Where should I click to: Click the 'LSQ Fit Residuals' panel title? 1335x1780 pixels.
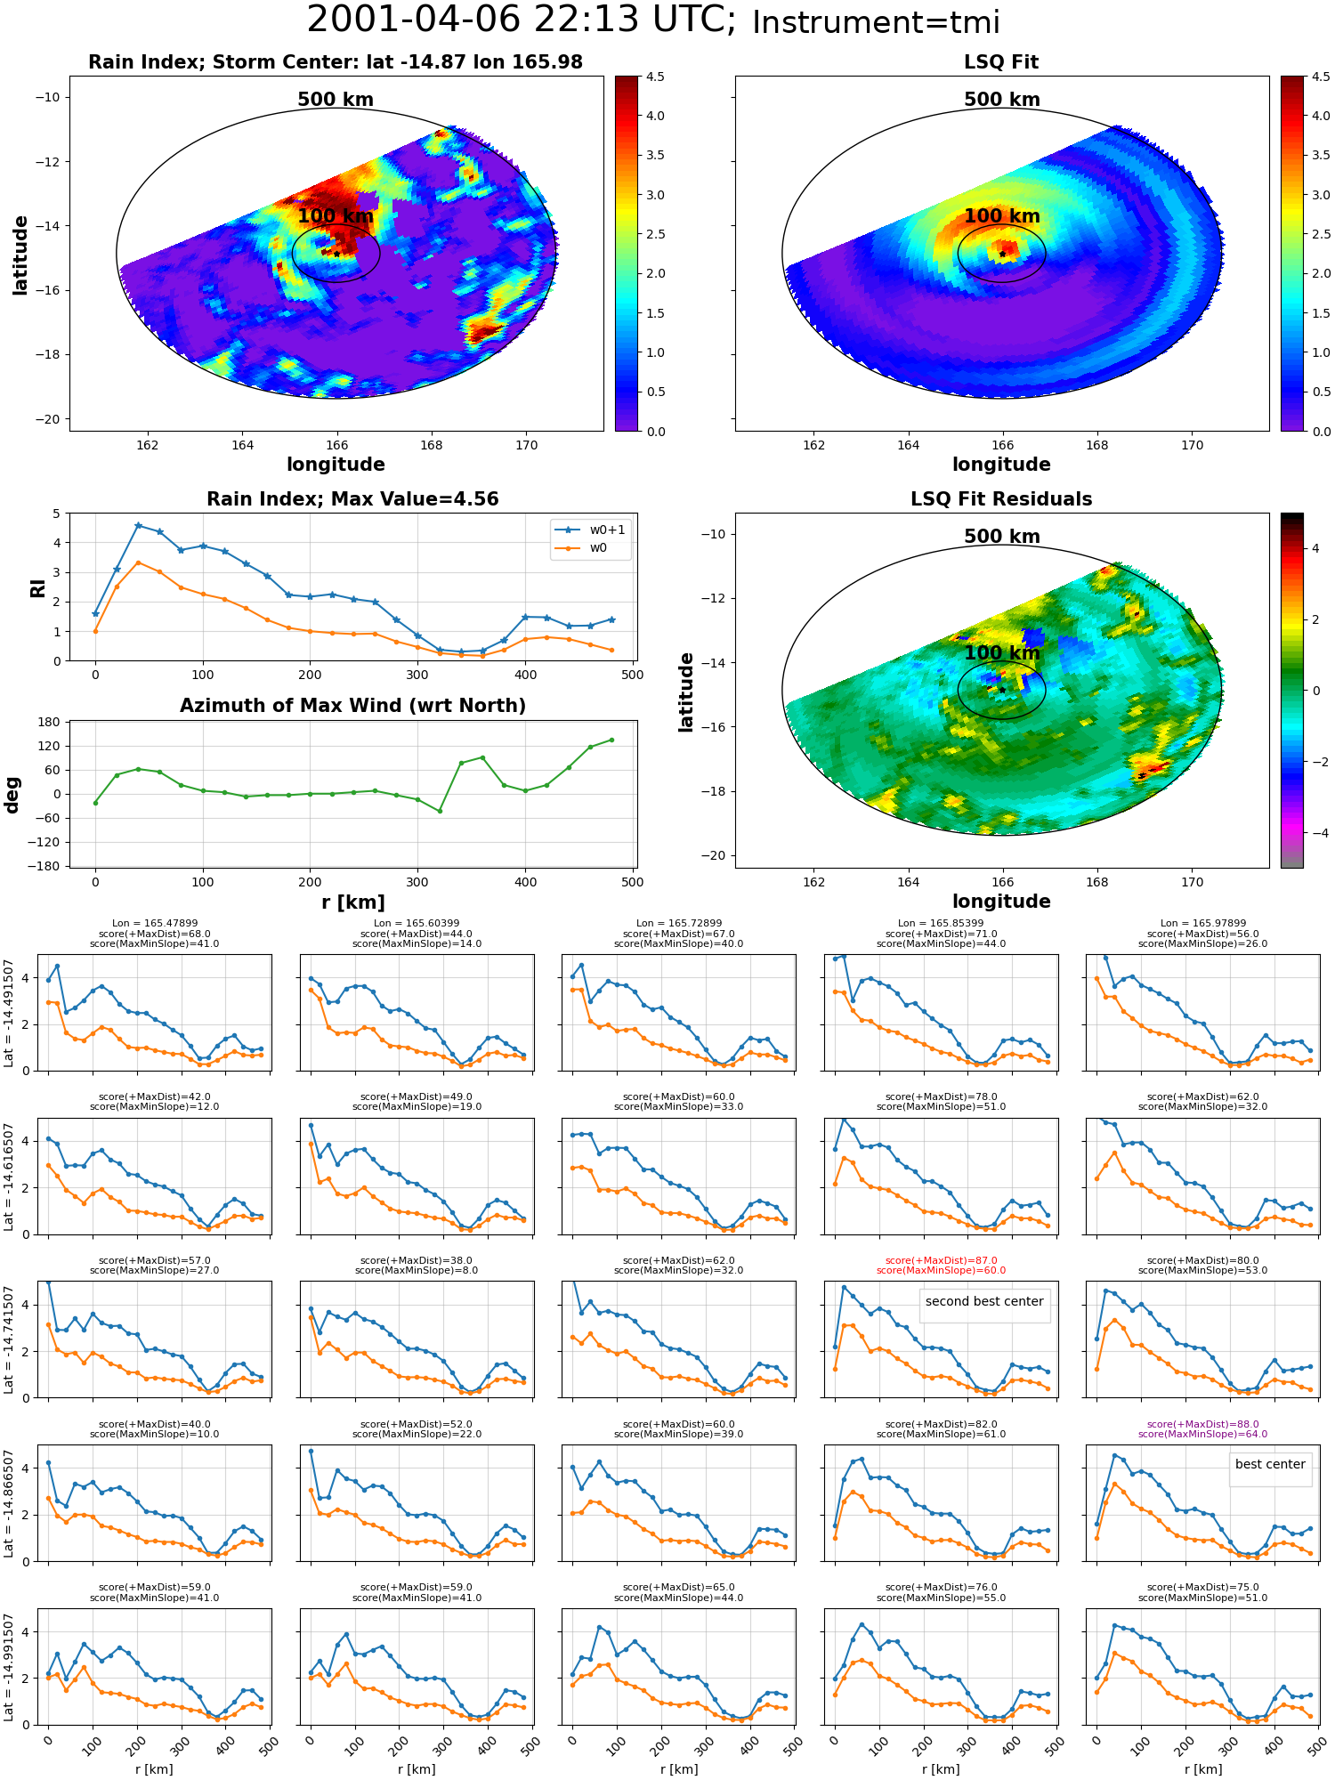1001,499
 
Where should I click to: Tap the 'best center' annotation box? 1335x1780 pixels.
1270,1464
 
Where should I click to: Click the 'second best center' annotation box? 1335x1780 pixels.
984,1301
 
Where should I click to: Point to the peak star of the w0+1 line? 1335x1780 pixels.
138,526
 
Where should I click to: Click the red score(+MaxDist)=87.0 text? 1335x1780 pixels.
941,1260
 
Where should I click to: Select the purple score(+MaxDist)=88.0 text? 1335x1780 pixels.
1202,1424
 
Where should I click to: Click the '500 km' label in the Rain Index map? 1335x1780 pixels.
336,100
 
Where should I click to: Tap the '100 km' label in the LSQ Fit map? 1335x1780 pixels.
1002,216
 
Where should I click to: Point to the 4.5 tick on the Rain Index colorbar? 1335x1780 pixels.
654,77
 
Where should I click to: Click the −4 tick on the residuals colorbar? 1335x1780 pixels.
1315,833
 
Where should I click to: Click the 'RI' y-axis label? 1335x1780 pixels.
37,587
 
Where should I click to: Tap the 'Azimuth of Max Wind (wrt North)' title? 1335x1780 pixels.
352,706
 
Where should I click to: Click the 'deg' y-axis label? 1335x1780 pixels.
12,795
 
